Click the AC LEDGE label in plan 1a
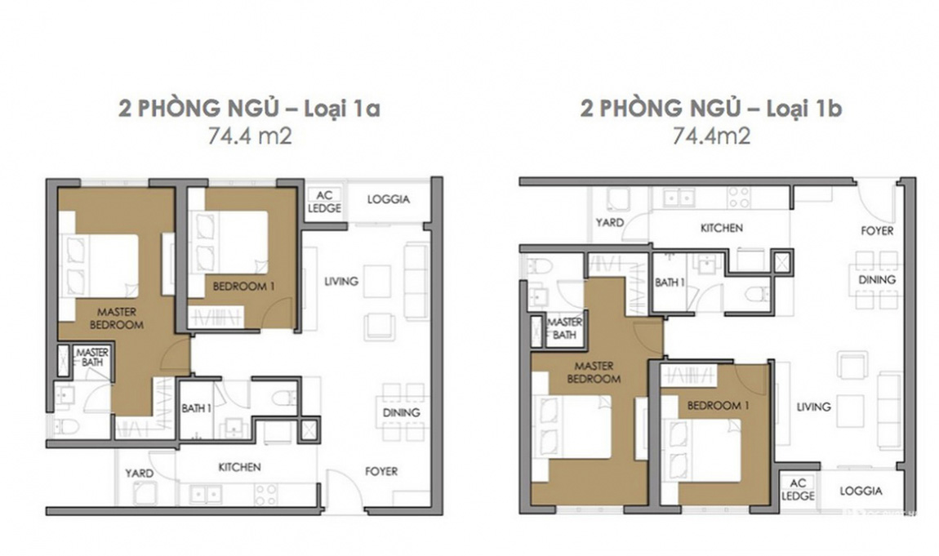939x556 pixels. pyautogui.click(x=325, y=202)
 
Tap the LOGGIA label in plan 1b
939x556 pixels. pyautogui.click(x=861, y=491)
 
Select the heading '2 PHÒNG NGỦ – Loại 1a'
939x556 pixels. pyautogui.click(x=249, y=109)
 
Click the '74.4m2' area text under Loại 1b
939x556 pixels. pyautogui.click(x=711, y=136)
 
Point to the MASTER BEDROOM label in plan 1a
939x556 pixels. pyautogui.click(x=117, y=318)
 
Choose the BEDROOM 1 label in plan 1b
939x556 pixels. pyautogui.click(x=718, y=406)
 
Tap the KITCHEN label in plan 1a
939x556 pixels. pyautogui.click(x=239, y=467)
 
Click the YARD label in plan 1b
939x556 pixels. pyautogui.click(x=610, y=223)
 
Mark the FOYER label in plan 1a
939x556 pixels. pyautogui.click(x=381, y=472)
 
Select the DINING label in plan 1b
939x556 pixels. pyautogui.click(x=877, y=279)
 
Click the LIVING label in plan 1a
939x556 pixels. pyautogui.click(x=341, y=282)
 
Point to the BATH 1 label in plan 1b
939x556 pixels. pyautogui.click(x=670, y=282)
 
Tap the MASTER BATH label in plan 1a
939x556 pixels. pyautogui.click(x=93, y=358)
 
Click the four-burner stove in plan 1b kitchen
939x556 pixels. pyautogui.click(x=739, y=198)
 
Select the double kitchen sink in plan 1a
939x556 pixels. pyautogui.click(x=206, y=494)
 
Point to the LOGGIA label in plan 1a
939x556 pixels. pyautogui.click(x=388, y=199)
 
